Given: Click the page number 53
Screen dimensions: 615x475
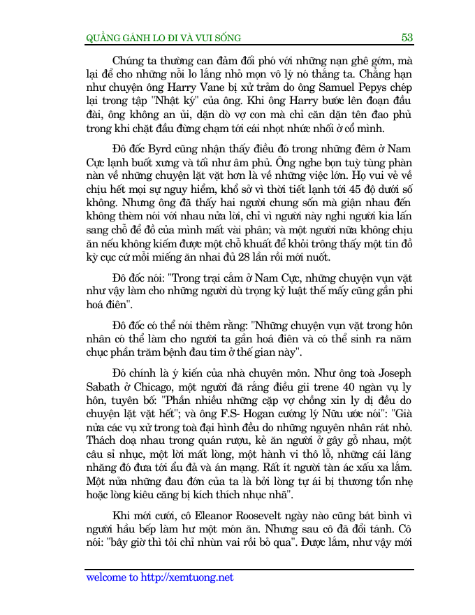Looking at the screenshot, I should (407, 37).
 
